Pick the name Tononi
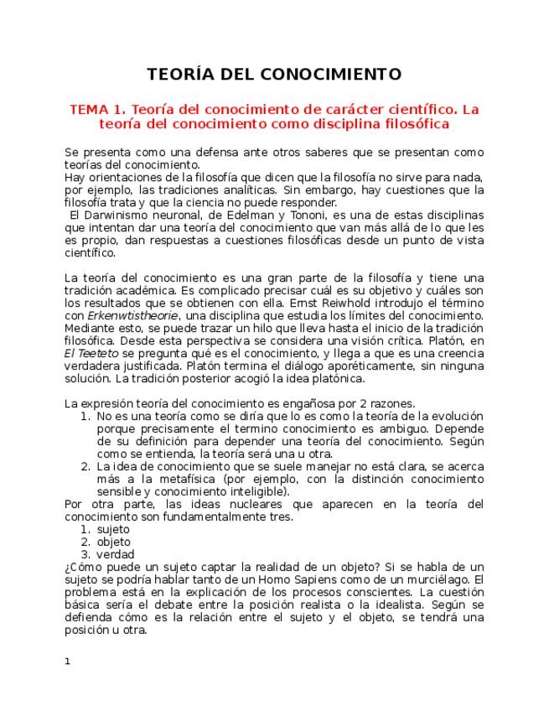coord(287,214)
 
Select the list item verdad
coord(115,554)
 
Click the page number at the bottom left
coord(67,662)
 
